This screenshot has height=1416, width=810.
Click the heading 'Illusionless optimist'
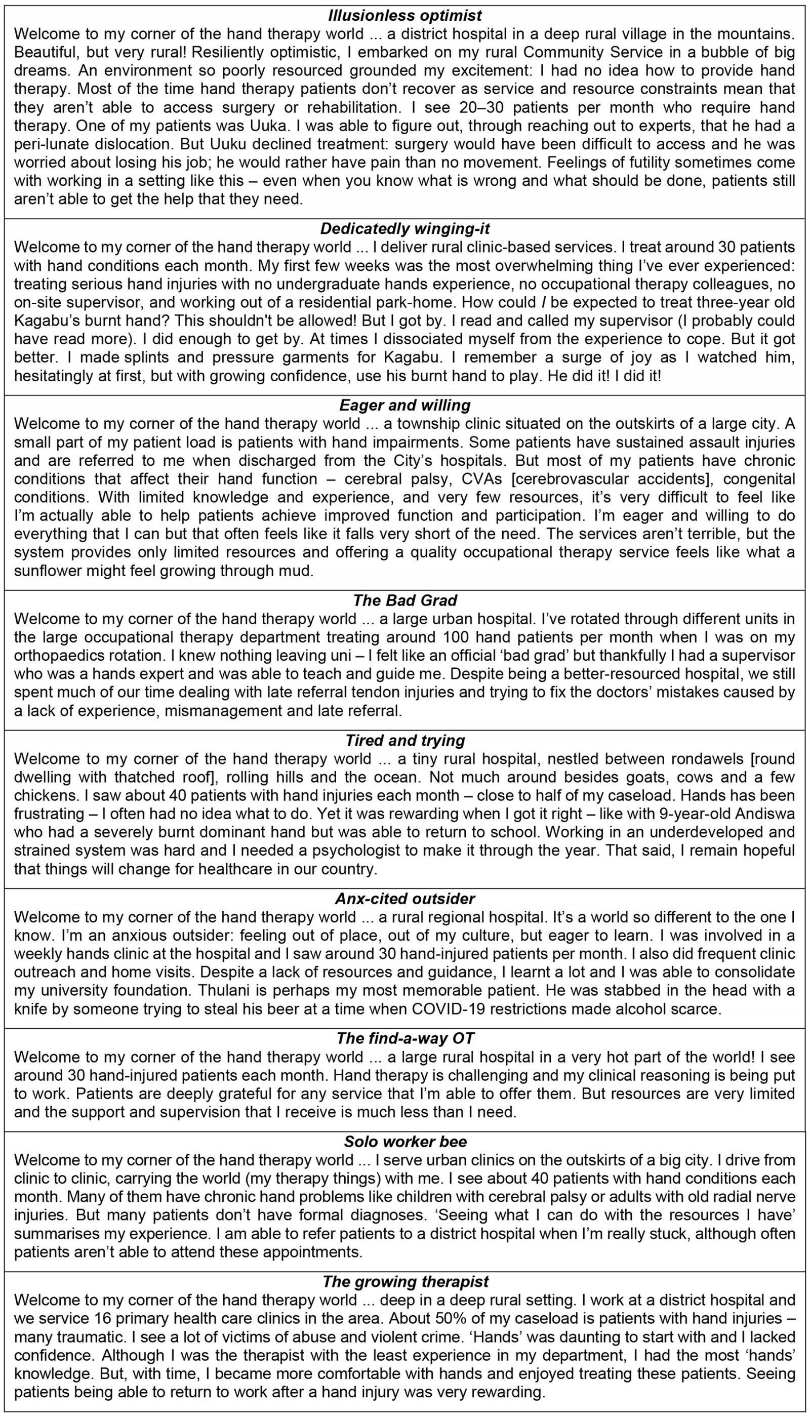(404, 16)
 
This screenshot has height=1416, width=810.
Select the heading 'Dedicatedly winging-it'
(404, 229)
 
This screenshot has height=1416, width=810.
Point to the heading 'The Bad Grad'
(404, 600)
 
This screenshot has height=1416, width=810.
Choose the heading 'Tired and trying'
(404, 740)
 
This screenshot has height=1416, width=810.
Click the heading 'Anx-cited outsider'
(404, 899)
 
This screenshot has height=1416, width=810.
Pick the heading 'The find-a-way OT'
(404, 1038)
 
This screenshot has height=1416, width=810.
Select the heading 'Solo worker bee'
(404, 1142)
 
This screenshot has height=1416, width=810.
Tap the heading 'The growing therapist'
(404, 1281)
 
